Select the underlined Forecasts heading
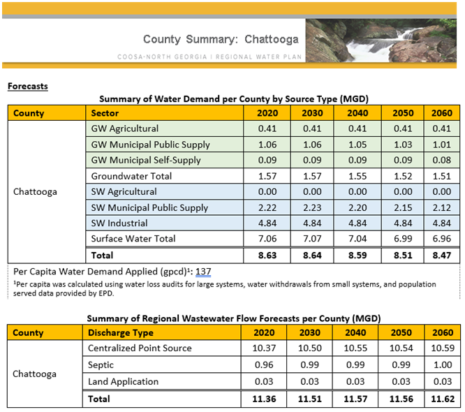click(28, 87)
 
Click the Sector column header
click(105, 113)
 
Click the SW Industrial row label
click(119, 223)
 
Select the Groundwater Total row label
click(131, 176)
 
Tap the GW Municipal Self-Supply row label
click(146, 160)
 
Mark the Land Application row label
click(123, 382)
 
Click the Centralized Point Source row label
click(140, 348)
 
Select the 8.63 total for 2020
click(268, 256)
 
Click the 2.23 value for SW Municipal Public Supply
click(312, 207)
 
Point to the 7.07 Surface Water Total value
click(312, 239)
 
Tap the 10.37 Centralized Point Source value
click(268, 348)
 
